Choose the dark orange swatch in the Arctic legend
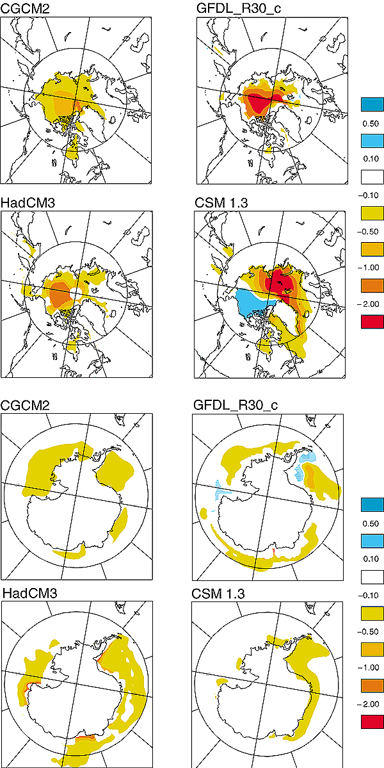(372, 283)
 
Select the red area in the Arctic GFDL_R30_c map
(262, 101)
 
